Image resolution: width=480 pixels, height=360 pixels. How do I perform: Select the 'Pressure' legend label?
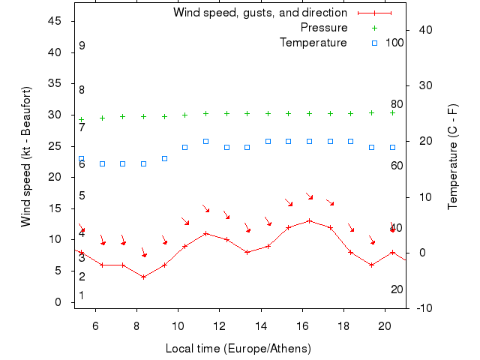pos(323,28)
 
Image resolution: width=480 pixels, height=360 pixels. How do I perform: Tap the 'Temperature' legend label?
pos(313,43)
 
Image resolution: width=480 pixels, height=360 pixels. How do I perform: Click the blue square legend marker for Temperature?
pos(374,43)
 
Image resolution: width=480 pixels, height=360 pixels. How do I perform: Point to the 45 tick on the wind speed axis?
pos(55,21)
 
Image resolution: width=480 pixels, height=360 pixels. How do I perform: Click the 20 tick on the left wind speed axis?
pos(55,177)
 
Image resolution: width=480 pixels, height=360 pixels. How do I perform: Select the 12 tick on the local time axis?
pos(219,326)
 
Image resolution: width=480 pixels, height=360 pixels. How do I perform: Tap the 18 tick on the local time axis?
pos(343,326)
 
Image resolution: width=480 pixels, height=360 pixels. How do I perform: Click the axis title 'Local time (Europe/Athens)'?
pos(238,349)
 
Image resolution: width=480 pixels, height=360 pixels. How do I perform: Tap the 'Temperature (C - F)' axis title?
pos(453,157)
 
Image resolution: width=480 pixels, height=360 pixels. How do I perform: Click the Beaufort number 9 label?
pos(82,46)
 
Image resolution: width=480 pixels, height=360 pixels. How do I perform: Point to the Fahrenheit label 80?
pos(397,104)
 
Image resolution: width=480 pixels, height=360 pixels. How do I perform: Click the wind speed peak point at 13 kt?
pos(309,220)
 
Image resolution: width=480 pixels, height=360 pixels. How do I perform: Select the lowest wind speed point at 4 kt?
pos(143,277)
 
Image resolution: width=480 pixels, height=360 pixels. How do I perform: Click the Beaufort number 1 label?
pos(82,295)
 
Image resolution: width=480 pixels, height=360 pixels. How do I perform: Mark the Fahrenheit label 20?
pos(397,289)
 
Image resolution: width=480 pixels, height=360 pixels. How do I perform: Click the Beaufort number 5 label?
pos(82,196)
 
